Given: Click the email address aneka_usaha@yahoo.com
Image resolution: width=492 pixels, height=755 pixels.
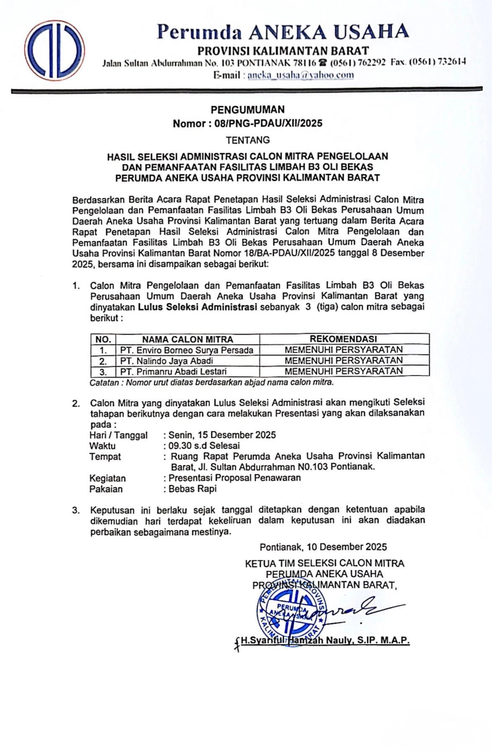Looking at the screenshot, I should click(300, 75).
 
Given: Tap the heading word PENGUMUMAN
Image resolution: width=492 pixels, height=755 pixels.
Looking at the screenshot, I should click(247, 110).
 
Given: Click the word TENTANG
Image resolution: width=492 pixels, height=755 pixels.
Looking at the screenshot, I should click(248, 140).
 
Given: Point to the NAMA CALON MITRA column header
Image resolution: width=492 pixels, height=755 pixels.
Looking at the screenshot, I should click(187, 339).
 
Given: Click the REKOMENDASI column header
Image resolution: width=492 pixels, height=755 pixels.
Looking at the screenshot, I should click(343, 339).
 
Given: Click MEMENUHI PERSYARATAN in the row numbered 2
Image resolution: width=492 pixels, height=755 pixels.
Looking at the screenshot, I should click(343, 360).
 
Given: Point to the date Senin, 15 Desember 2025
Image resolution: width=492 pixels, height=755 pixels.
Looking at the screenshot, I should click(222, 435).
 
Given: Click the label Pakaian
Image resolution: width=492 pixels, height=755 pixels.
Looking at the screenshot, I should click(106, 489).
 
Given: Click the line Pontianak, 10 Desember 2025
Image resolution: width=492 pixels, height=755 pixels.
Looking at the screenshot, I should click(323, 547).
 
